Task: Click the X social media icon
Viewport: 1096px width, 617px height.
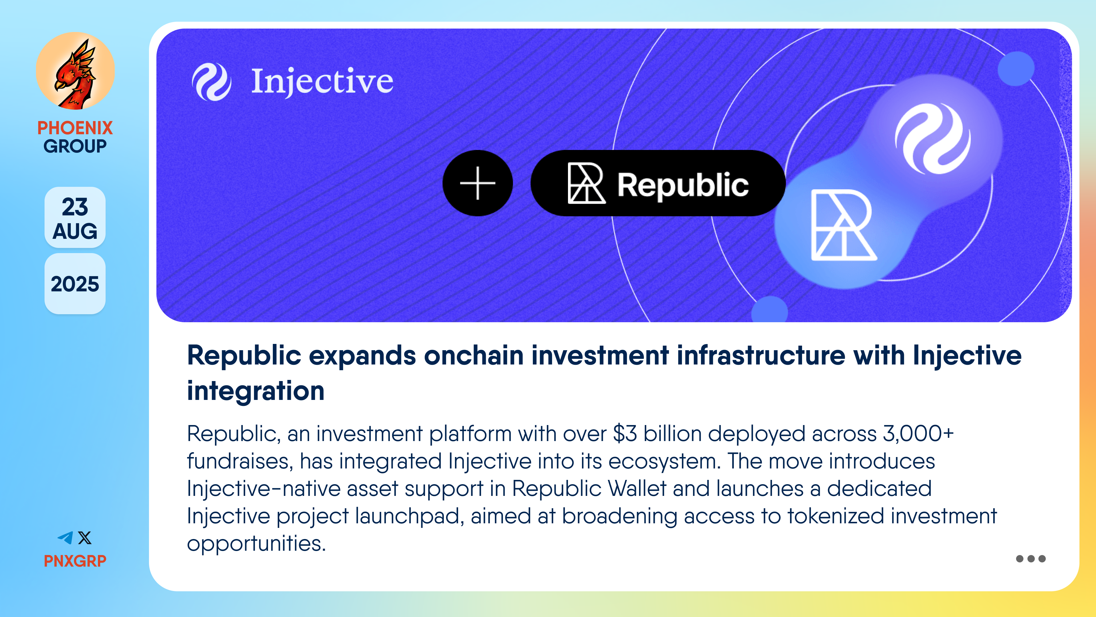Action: click(x=85, y=538)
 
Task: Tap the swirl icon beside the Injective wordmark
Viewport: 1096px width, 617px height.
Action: click(x=211, y=82)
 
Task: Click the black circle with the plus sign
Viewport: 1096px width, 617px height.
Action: click(x=478, y=183)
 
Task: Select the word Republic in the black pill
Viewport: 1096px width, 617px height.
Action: click(x=683, y=186)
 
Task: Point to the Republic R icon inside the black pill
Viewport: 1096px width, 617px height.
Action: click(x=586, y=183)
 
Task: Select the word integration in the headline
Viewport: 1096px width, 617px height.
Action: click(x=256, y=391)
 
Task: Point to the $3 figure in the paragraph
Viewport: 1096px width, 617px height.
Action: click(x=625, y=434)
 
